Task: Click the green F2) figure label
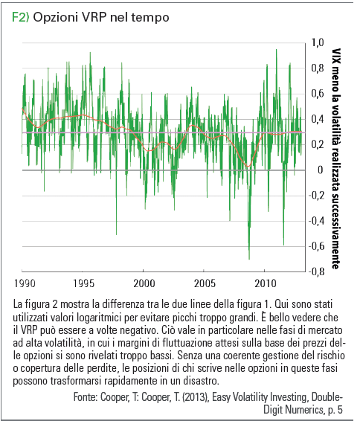pyautogui.click(x=20, y=17)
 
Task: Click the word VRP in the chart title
pyautogui.click(x=93, y=17)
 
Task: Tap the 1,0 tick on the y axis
pyautogui.click(x=318, y=42)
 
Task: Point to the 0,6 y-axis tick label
pyautogui.click(x=318, y=93)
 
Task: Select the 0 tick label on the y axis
pyautogui.click(x=320, y=170)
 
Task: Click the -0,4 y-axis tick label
pyautogui.click(x=316, y=221)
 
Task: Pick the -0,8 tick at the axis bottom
pyautogui.click(x=316, y=271)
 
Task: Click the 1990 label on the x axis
pyautogui.click(x=25, y=283)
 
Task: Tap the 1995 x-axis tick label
pyautogui.click(x=84, y=283)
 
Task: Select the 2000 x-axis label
pyautogui.click(x=144, y=283)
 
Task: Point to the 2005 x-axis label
pyautogui.click(x=205, y=283)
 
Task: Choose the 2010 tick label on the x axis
pyautogui.click(x=266, y=283)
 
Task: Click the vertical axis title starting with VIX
pyautogui.click(x=335, y=158)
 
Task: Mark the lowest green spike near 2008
pyautogui.click(x=249, y=259)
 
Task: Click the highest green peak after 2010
pyautogui.click(x=276, y=50)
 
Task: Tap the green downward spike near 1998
pyautogui.click(x=116, y=234)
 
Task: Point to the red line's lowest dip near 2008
pyautogui.click(x=248, y=166)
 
